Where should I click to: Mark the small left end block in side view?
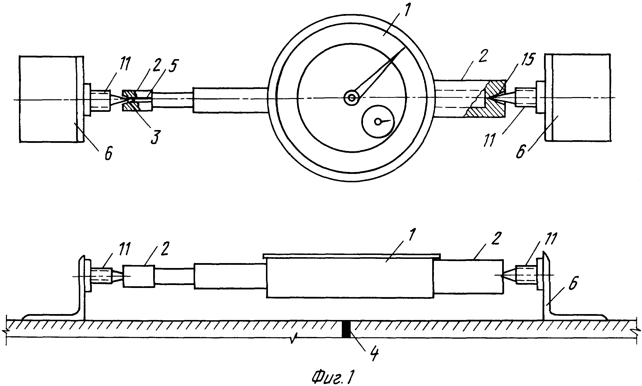[139, 276]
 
